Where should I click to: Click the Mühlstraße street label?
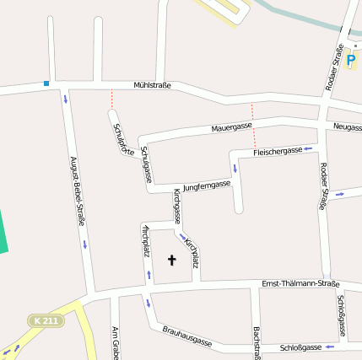click(x=153, y=85)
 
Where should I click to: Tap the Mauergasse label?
click(x=231, y=126)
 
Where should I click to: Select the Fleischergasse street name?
click(x=278, y=150)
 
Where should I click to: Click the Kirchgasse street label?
click(x=177, y=205)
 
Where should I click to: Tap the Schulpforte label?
click(x=122, y=139)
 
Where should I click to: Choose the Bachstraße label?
click(x=256, y=341)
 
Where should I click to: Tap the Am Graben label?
click(x=113, y=341)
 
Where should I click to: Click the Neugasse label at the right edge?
click(x=348, y=127)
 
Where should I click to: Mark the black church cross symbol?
click(x=172, y=261)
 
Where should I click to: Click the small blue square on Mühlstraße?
click(x=46, y=83)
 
